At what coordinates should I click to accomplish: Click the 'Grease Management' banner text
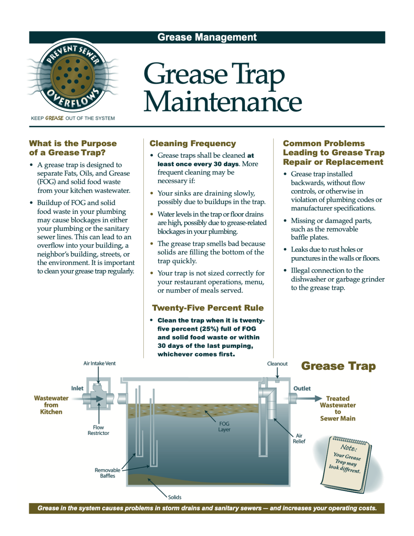[207, 37]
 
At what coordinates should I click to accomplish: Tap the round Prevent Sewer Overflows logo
[73, 75]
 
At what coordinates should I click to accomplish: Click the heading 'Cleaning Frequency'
[193, 143]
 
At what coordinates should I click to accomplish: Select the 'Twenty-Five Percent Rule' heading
[208, 308]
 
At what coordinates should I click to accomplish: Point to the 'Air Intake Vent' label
[99, 363]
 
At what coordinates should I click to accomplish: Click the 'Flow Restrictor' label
[98, 430]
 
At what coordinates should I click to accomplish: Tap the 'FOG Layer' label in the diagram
[224, 426]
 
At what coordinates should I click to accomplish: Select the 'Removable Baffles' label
[107, 473]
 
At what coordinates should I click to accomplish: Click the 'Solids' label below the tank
[175, 497]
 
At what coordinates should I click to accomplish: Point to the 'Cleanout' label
[277, 364]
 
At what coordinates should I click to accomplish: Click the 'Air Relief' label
[299, 439]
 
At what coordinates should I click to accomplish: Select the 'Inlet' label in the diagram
[77, 388]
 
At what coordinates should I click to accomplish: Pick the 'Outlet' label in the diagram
[302, 388]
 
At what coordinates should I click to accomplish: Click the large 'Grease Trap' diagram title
[338, 366]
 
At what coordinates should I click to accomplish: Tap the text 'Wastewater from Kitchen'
[51, 405]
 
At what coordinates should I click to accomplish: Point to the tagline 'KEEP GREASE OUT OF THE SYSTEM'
[73, 118]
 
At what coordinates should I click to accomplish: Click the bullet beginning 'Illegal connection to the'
[337, 279]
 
